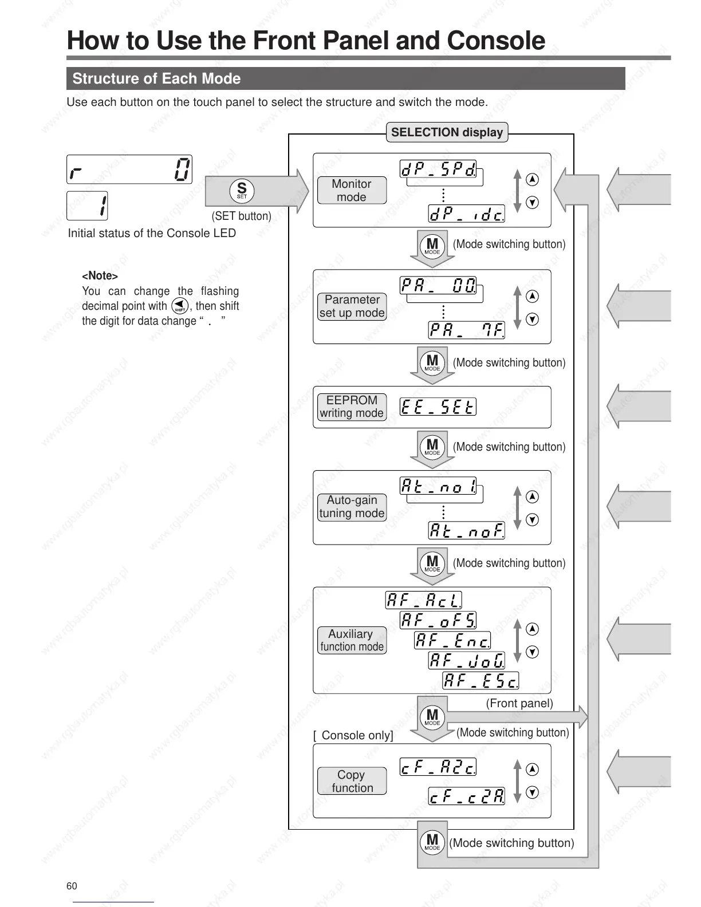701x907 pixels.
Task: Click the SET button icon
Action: [x=242, y=191]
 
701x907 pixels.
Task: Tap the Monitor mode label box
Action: [x=352, y=191]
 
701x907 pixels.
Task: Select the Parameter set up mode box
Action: [x=352, y=306]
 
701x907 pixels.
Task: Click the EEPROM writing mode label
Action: [x=352, y=407]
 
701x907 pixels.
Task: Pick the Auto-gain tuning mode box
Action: [x=352, y=507]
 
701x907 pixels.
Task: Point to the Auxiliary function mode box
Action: [x=352, y=640]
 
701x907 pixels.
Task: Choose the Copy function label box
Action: [x=352, y=781]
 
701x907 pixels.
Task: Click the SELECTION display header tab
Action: [x=447, y=132]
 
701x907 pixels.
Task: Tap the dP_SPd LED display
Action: [x=438, y=169]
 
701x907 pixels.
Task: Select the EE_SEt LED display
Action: [x=438, y=407]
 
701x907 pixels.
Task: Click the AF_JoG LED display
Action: [x=467, y=660]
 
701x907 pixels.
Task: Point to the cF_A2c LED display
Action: [x=438, y=767]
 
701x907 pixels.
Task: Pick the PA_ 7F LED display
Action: [x=467, y=330]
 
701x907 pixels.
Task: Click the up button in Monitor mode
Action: [x=532, y=179]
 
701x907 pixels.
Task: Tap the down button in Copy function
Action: [x=532, y=792]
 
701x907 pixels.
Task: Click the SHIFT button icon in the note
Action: [x=180, y=306]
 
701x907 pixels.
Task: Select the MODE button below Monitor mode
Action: [x=432, y=246]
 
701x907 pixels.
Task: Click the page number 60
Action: [x=72, y=886]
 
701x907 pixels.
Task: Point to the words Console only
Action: [x=356, y=735]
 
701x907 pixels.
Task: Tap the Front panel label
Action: [x=519, y=703]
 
